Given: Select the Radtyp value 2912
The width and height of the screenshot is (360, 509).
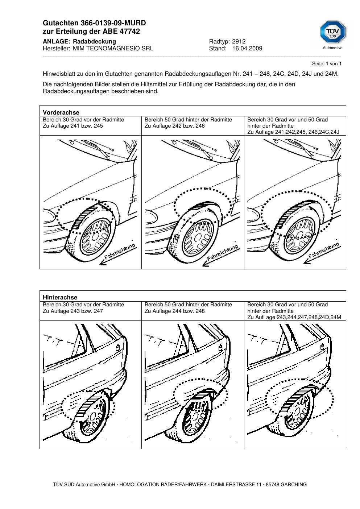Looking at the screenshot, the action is tap(239, 41).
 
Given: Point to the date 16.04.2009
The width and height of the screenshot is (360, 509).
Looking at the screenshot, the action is tap(247, 49).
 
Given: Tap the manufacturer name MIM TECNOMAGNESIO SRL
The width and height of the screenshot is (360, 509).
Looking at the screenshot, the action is tap(113, 49).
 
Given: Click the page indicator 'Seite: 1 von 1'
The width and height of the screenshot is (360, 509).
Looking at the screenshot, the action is tap(327, 64).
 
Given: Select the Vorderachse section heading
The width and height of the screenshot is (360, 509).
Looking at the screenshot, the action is tap(61, 112).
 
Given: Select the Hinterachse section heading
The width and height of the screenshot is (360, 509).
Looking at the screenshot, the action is tap(60, 297).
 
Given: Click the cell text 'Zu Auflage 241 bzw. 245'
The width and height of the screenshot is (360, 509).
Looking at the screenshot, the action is tap(73, 126).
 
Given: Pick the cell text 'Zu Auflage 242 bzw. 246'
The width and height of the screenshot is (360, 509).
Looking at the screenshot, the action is tap(174, 126).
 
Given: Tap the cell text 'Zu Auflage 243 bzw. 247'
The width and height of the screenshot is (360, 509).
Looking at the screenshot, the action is tap(73, 311).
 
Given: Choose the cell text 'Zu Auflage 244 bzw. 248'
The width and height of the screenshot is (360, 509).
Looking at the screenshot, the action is tap(174, 311).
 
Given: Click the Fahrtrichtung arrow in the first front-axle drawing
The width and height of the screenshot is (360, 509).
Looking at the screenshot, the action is tap(118, 256).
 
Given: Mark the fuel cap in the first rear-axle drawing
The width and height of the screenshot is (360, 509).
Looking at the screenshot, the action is tap(118, 348).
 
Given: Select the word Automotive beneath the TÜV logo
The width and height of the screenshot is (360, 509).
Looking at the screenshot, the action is tap(332, 48).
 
